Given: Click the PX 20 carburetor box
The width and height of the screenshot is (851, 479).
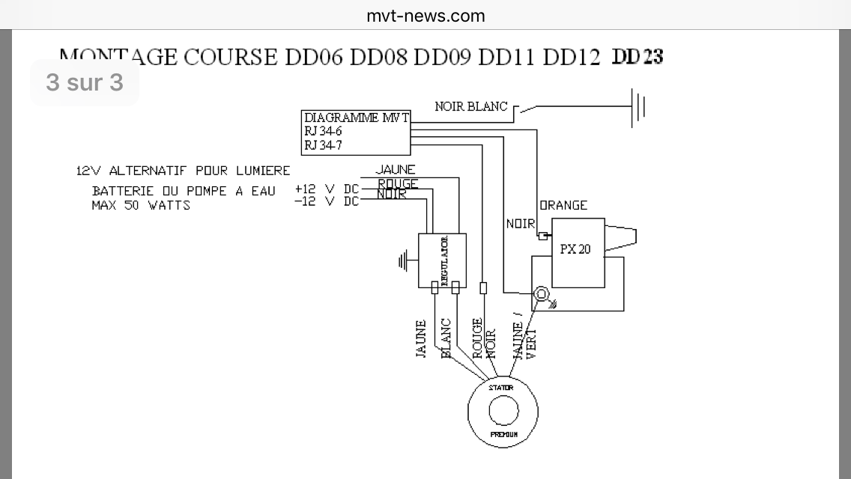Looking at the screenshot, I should (x=578, y=252).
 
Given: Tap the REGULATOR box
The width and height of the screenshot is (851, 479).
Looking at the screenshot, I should (x=442, y=260).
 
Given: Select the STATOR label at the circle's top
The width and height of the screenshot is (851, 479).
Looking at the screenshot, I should (x=501, y=388).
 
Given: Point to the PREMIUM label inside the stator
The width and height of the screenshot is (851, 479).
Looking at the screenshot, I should (x=503, y=434).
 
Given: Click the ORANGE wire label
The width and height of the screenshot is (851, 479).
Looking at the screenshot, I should (x=563, y=205).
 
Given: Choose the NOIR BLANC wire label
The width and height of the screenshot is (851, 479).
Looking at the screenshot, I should (x=471, y=107).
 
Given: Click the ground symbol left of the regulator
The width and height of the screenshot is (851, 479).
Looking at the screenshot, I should (x=405, y=261).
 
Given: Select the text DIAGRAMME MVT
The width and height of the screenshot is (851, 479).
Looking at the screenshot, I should (x=357, y=118).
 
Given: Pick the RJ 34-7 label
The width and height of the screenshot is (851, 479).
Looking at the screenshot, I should (x=324, y=145).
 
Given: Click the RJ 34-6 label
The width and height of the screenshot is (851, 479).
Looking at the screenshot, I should (x=324, y=132).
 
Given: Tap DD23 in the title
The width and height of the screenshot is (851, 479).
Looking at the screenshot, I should (x=638, y=57).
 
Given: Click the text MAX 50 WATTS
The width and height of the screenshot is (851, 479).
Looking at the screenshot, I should (x=141, y=205).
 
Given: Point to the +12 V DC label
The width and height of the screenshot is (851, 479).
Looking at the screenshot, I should (x=327, y=189).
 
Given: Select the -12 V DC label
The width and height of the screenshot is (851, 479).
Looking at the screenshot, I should (x=327, y=201).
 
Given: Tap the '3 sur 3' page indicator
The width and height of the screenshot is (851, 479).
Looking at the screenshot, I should (x=85, y=82).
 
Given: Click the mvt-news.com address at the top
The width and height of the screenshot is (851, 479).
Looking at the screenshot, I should (x=425, y=16).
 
